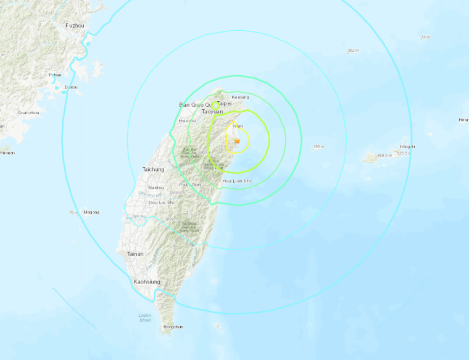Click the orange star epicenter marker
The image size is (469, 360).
click(x=237, y=141)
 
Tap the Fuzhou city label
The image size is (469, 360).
click(x=73, y=25)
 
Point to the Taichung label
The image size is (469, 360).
click(x=153, y=169)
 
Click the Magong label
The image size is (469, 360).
click(x=91, y=212)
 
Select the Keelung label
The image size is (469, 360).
click(x=241, y=97)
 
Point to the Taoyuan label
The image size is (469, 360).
click(x=212, y=112)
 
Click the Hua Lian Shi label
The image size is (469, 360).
click(x=236, y=181)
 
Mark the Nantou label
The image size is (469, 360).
click(x=156, y=188)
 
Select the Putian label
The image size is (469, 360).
click(x=55, y=75)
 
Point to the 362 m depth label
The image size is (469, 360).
click(x=353, y=50)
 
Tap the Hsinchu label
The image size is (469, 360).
click(x=186, y=121)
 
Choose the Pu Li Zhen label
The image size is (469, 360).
click(x=190, y=185)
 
